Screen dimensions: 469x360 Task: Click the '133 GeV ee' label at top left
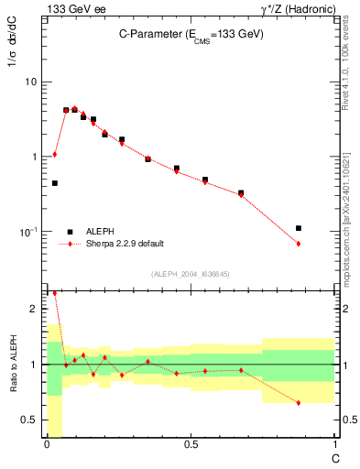point(70,9)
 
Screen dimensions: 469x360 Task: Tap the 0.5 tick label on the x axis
point(190,444)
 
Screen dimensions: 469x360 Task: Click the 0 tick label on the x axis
point(46,444)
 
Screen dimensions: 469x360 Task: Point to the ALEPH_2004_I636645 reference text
point(190,274)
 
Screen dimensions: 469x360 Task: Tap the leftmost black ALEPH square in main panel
point(55,183)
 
